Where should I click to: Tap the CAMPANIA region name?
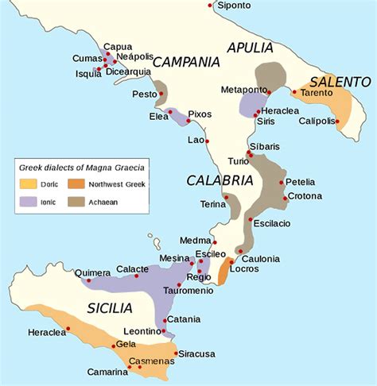185,62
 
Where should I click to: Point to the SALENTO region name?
340,82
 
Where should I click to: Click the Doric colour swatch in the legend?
28,184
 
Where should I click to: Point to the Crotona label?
305,196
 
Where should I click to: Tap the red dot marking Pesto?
161,95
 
